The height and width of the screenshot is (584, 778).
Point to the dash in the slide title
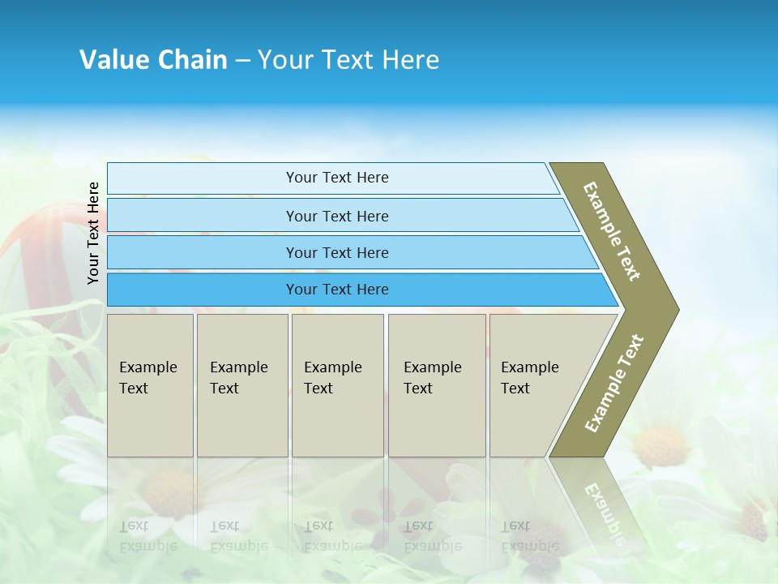coord(242,60)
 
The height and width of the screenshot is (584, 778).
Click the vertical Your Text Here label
coord(93,233)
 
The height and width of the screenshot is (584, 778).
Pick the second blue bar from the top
coord(336,216)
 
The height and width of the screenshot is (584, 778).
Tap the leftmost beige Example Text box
coord(150,384)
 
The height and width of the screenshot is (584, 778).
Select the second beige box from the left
coord(242,384)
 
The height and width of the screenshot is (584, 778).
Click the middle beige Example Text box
coord(337,384)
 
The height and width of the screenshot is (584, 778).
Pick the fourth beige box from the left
coord(437,384)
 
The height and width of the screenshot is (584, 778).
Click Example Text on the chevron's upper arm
coord(612,231)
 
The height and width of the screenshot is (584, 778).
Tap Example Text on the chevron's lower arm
coord(614,384)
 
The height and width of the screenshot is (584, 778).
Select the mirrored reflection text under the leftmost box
coord(147,536)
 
